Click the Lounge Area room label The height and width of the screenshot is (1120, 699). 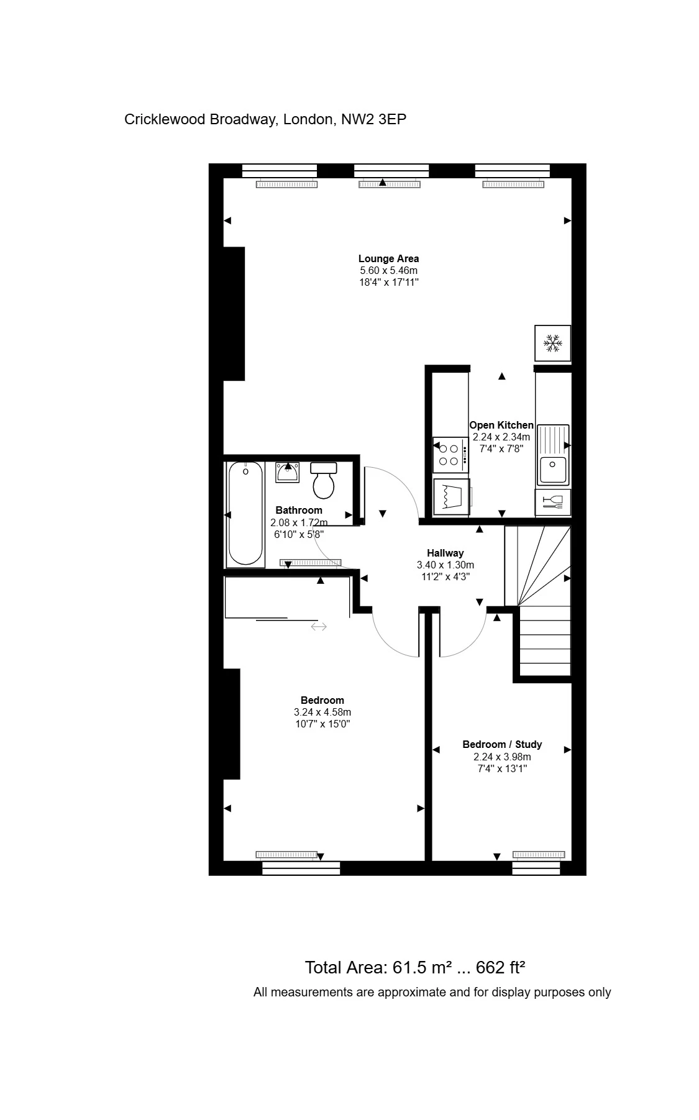click(388, 258)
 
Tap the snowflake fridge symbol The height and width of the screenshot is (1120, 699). click(552, 342)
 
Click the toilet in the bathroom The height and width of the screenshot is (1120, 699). click(323, 481)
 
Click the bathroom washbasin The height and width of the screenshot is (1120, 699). click(287, 473)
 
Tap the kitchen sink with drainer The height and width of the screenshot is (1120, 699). click(552, 454)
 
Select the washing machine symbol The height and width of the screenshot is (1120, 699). click(450, 496)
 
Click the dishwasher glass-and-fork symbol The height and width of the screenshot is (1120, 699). click(552, 502)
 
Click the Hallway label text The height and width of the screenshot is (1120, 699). click(445, 553)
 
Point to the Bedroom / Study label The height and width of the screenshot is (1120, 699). click(502, 744)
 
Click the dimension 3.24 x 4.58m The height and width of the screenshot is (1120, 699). click(322, 712)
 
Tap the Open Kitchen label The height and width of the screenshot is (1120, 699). click(501, 426)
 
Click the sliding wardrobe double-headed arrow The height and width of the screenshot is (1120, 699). click(319, 627)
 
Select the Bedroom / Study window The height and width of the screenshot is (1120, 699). click(537, 868)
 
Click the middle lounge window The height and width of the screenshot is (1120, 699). click(391, 170)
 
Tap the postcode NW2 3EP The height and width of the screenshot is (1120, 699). click(373, 119)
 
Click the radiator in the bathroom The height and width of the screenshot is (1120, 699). click(310, 563)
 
